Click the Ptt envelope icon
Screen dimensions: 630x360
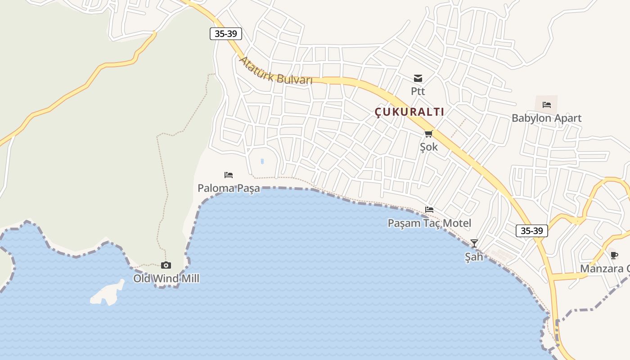pos(418,78)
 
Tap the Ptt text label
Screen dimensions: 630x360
pos(418,91)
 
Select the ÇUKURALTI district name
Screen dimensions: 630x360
pos(409,112)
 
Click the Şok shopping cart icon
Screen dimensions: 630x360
pos(428,134)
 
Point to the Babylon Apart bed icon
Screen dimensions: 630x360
pos(547,104)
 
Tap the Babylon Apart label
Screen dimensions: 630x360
pos(546,118)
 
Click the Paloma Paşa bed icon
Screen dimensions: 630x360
pos(229,175)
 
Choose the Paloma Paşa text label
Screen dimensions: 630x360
pos(229,188)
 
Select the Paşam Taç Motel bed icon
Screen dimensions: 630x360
pos(429,210)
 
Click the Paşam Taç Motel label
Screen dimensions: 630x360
pos(429,223)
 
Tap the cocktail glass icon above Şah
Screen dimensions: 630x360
pos(474,243)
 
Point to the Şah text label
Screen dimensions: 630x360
pos(474,257)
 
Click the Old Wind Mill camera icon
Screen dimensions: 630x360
pos(166,265)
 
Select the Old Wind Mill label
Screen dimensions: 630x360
pos(166,279)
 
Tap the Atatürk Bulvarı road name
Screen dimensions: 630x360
pos(275,71)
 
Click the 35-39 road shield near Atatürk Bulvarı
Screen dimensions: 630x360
pos(226,34)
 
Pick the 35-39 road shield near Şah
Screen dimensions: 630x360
pos(532,231)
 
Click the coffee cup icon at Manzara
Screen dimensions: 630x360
pos(614,256)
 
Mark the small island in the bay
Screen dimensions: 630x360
pos(107,294)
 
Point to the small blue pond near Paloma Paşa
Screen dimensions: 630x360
pos(262,161)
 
